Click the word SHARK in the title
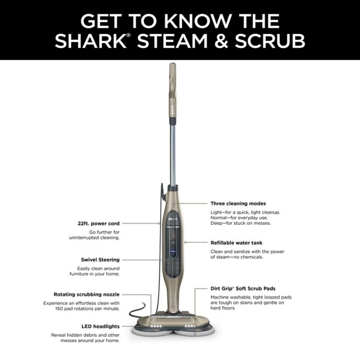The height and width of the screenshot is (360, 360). (90, 41)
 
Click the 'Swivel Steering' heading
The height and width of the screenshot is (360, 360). (100, 259)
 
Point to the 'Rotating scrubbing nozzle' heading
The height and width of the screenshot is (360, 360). (87, 294)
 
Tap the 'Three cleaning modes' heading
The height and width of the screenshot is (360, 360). (238, 203)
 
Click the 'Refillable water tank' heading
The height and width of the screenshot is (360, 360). (236, 243)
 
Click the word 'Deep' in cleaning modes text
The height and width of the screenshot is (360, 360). (218, 223)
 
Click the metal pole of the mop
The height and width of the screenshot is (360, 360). (172, 151)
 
